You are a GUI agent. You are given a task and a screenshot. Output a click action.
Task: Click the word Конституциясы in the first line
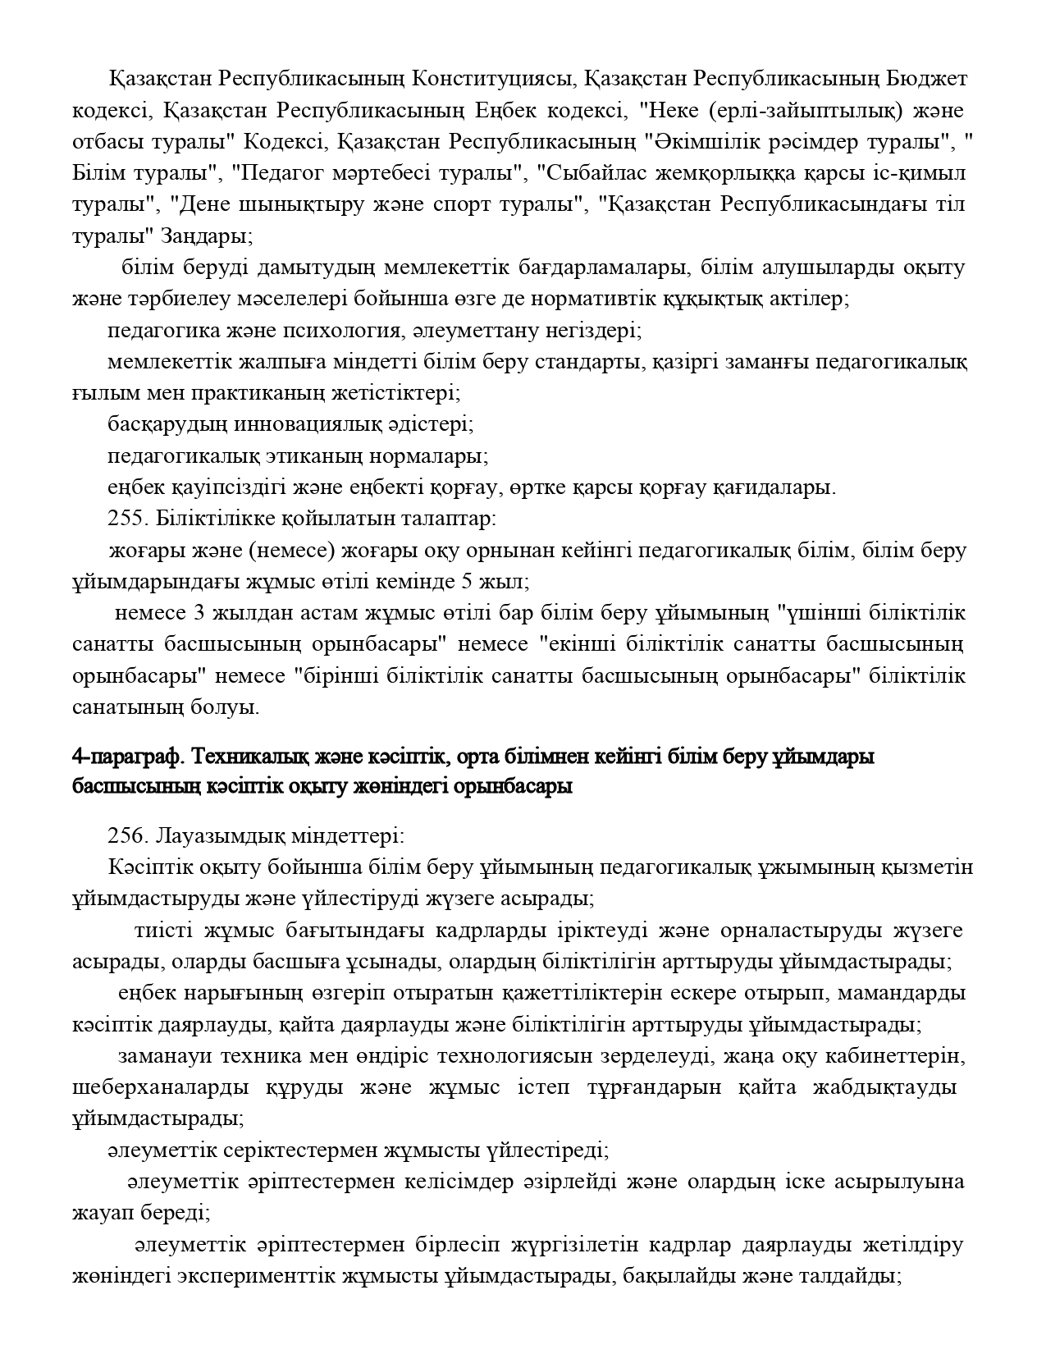(491, 80)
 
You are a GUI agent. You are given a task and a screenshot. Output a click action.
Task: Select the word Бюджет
(928, 80)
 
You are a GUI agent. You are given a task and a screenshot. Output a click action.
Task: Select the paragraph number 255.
(126, 519)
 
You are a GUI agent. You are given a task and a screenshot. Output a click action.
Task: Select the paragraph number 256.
(126, 836)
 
